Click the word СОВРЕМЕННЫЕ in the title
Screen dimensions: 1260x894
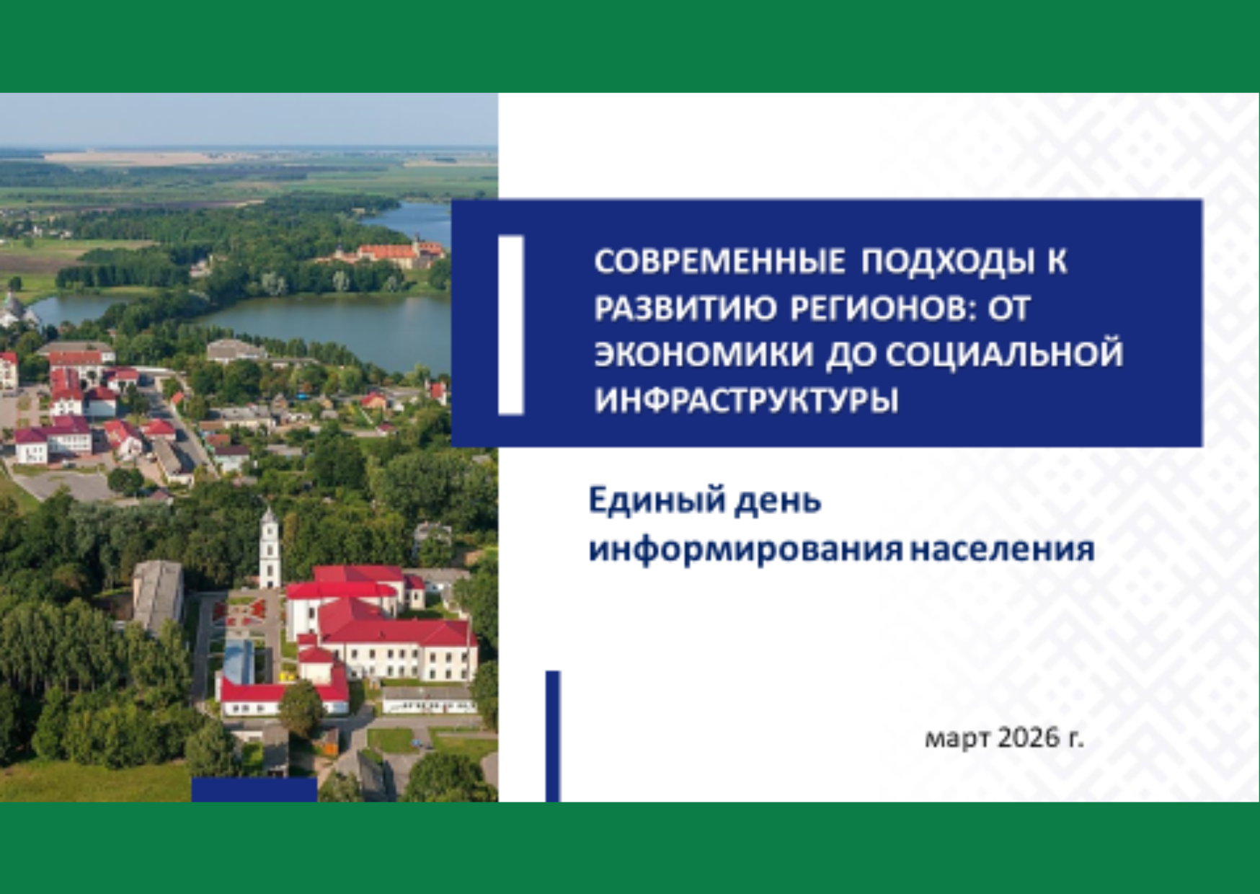tap(719, 261)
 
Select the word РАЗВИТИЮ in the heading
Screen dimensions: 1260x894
tap(685, 308)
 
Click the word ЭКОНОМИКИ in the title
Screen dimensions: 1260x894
tap(703, 354)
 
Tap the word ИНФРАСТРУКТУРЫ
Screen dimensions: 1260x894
tap(746, 400)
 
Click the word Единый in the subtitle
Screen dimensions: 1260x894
tap(656, 500)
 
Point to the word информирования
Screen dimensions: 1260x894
tap(745, 549)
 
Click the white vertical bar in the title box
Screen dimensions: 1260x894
tap(510, 325)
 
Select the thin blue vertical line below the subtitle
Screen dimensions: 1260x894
tap(553, 736)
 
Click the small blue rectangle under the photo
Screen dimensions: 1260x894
tap(254, 789)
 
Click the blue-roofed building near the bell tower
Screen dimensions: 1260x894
tap(239, 662)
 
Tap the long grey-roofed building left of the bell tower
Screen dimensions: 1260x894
tap(158, 597)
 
